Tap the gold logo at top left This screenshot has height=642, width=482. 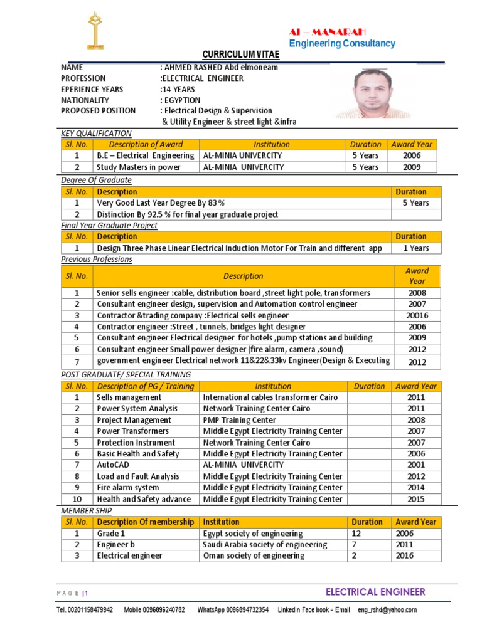point(96,31)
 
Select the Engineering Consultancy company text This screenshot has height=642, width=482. point(342,43)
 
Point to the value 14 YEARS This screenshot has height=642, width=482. point(178,89)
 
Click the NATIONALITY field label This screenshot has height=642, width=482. point(85,100)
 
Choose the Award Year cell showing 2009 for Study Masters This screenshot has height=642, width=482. point(412,167)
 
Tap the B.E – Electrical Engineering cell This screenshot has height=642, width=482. point(145,155)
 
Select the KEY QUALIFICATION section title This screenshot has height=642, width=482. point(96,133)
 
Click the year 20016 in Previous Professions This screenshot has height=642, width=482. point(417,315)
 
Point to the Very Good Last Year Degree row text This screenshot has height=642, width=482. point(161,203)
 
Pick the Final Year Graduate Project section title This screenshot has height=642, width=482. point(109,225)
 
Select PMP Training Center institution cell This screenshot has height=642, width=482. point(240,420)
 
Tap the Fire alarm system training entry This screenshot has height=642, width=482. point(128,488)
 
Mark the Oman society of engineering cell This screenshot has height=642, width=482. point(254,555)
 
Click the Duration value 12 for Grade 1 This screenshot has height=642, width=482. point(356,533)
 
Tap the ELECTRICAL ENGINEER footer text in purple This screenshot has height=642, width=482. point(375,592)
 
